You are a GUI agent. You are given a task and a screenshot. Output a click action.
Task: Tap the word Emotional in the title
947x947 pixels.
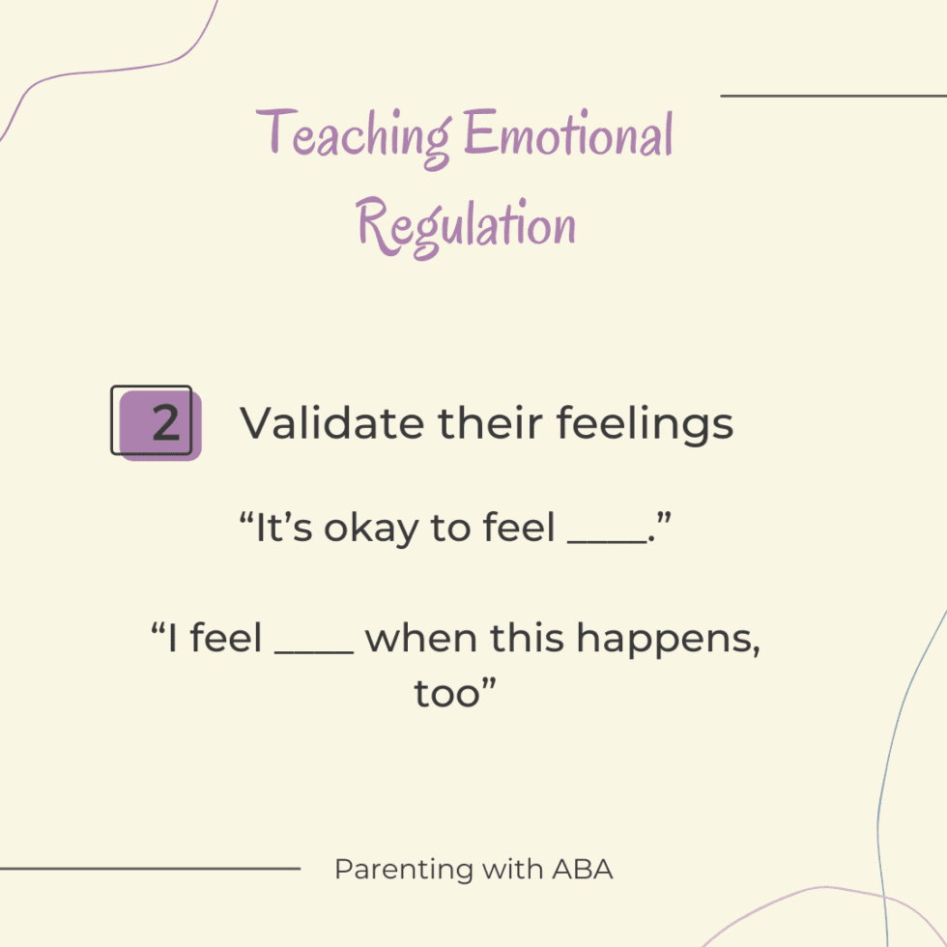pos(568,135)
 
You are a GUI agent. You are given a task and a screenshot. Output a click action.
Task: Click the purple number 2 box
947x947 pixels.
pos(158,423)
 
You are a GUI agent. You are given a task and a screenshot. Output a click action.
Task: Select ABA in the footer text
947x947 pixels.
pos(583,870)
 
